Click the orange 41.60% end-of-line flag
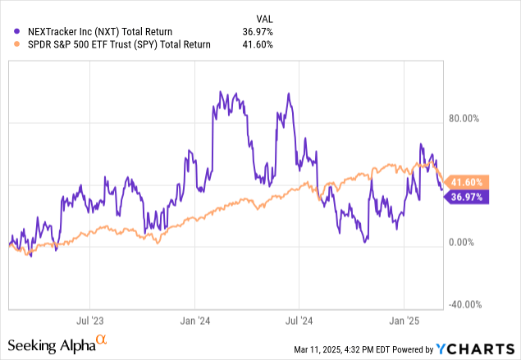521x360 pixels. [x=468, y=182]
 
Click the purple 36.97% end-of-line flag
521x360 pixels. [x=468, y=196]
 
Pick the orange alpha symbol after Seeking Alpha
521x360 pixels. [x=101, y=339]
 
